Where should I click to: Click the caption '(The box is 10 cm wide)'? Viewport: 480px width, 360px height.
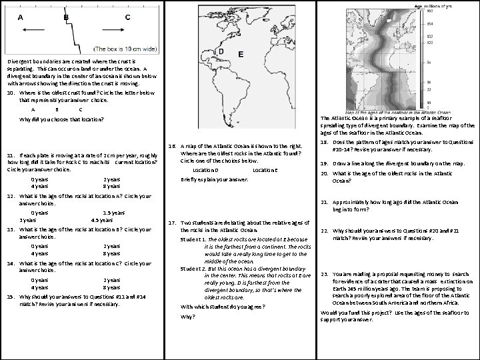click(x=124, y=49)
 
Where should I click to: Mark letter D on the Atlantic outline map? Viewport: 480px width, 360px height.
click(x=221, y=51)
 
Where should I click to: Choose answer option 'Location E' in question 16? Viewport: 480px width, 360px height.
click(x=265, y=170)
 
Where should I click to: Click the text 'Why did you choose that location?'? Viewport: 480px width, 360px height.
click(x=67, y=119)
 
